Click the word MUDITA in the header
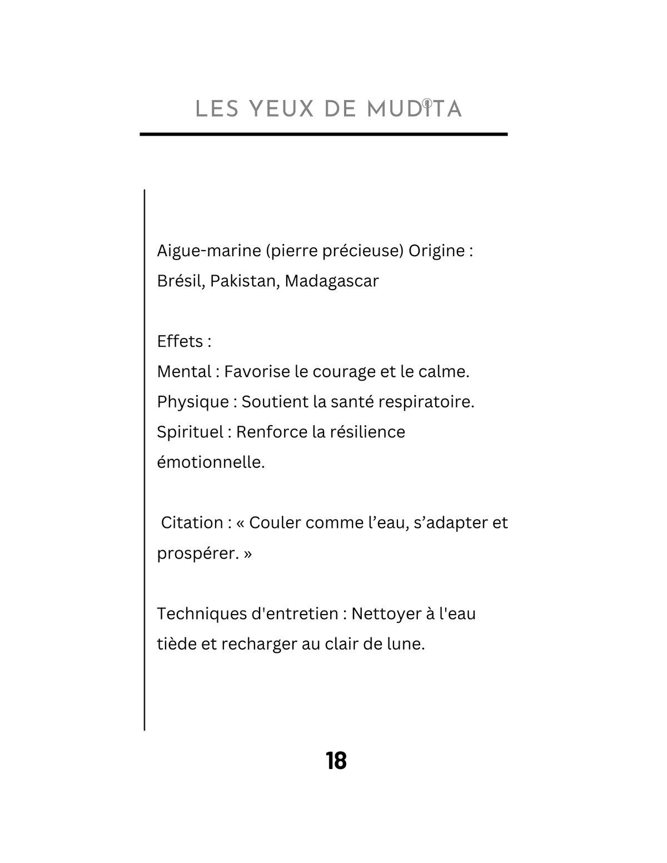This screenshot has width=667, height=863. tap(414, 109)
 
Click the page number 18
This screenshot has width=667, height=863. tap(336, 761)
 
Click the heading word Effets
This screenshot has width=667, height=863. tap(180, 341)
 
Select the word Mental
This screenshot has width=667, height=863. tap(184, 371)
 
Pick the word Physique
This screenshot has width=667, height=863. tap(193, 402)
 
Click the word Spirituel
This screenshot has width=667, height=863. tap(190, 432)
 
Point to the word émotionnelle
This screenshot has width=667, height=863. tap(211, 462)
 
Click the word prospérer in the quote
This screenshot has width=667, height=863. tap(197, 553)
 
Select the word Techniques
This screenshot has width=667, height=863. tap(201, 614)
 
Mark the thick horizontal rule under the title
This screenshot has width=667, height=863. tap(323, 134)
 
